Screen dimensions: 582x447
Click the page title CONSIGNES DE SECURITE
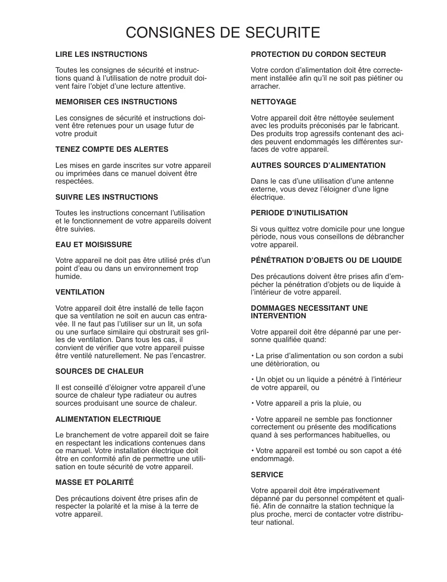[223, 33]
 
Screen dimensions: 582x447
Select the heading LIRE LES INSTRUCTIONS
[101, 55]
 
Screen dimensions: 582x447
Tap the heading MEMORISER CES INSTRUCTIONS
[116, 102]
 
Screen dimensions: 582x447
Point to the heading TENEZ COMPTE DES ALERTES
[112, 150]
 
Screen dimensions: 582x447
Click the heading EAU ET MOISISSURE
[94, 245]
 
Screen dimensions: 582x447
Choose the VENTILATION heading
[80, 292]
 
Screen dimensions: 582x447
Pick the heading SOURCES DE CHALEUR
[99, 372]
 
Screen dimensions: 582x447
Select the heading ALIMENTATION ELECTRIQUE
[108, 419]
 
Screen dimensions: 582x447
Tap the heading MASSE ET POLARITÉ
[94, 483]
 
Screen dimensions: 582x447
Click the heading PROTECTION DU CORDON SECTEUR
[318, 55]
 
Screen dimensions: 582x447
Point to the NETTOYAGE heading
[273, 102]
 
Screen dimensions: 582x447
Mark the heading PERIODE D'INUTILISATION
[299, 213]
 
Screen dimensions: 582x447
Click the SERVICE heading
[267, 475]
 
